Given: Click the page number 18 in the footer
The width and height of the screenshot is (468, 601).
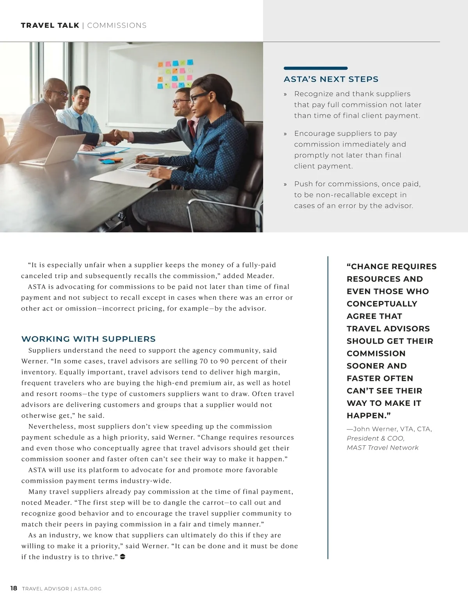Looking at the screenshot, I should (14, 588).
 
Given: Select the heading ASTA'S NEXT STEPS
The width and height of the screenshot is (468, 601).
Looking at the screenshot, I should (331, 79).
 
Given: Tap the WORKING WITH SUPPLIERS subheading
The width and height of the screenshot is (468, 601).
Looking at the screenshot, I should (89, 339).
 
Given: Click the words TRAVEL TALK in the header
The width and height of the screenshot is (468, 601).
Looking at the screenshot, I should (50, 25).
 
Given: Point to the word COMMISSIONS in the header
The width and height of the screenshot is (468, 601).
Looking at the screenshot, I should (117, 25).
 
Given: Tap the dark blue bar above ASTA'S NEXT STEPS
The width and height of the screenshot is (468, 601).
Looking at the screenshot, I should (316, 68).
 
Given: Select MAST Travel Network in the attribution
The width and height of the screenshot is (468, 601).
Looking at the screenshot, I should (383, 448).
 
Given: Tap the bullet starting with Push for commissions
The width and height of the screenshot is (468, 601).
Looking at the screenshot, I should (357, 195).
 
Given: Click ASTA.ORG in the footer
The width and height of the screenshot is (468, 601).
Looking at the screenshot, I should (87, 589).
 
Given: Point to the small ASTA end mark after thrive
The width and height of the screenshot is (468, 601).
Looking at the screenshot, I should (122, 557).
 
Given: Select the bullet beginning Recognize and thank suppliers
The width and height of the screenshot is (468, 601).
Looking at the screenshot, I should (357, 105).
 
